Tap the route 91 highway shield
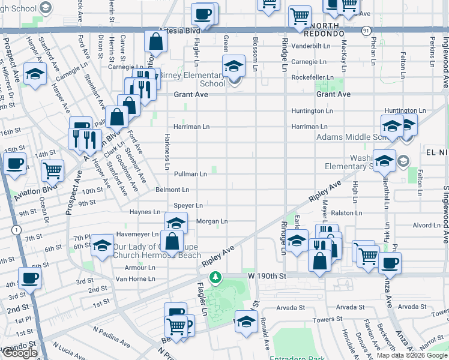[x=366, y=29]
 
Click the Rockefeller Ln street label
[x=312, y=78]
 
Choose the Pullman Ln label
[x=190, y=174]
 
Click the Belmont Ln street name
[x=173, y=190]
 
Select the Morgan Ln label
[x=212, y=221]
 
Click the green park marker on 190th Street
[x=215, y=277]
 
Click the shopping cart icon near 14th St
[x=53, y=170]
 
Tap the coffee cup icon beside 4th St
[x=30, y=278]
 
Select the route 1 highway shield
[x=16, y=230]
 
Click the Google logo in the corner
[x=20, y=353]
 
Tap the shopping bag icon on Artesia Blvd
[x=155, y=41]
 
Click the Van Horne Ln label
[x=135, y=279]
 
